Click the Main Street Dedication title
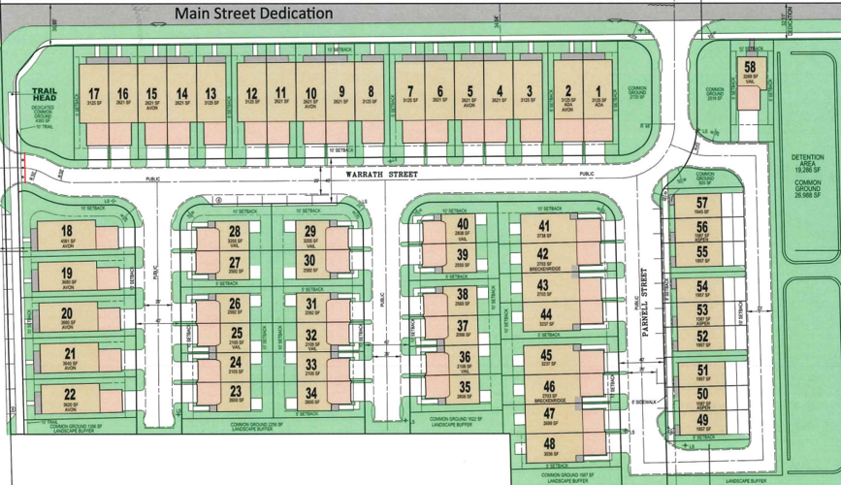tap(254, 14)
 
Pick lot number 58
tap(750, 66)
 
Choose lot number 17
tap(94, 93)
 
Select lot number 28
tap(234, 231)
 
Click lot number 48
tap(548, 444)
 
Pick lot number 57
tap(702, 203)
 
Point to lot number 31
tap(311, 303)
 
